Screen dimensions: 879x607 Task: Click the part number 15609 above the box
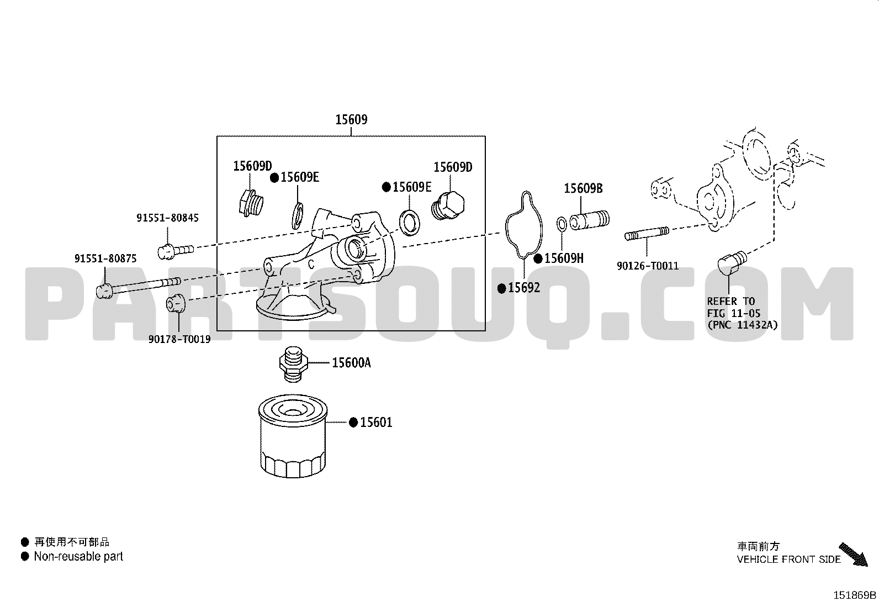(351, 119)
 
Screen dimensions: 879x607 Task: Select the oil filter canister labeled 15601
(293, 436)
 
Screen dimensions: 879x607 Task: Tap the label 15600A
(351, 363)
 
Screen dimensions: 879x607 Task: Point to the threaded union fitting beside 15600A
(293, 364)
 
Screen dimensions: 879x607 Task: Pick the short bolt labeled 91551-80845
(176, 251)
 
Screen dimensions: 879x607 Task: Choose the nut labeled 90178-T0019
(176, 303)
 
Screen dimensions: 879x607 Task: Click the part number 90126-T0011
(648, 266)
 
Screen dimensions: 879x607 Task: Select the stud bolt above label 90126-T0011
(647, 234)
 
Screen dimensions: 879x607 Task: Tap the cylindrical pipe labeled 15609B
(589, 220)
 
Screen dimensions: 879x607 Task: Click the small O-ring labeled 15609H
(562, 224)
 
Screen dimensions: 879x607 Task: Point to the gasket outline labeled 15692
(525, 225)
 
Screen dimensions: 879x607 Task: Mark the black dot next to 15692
(501, 288)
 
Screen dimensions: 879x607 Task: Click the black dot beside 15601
(353, 422)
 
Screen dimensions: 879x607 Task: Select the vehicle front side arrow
(853, 554)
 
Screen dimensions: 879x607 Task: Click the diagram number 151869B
(855, 595)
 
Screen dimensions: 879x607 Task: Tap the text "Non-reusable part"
(78, 556)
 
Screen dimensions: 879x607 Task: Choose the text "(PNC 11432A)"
(743, 325)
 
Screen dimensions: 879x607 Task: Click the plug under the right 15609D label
(448, 205)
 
